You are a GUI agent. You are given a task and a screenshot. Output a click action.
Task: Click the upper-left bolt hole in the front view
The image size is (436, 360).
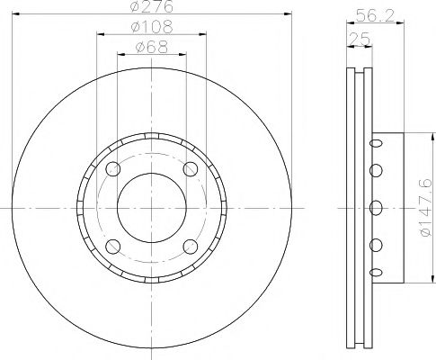click(x=112, y=169)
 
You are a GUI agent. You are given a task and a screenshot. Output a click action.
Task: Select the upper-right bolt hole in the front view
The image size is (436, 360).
click(x=190, y=169)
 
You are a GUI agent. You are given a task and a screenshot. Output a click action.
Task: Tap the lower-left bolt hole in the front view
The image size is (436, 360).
click(x=112, y=246)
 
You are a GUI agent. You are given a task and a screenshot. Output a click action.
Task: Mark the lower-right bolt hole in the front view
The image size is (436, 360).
click(x=190, y=246)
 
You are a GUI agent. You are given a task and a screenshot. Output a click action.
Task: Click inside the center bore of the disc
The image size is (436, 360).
click(x=151, y=208)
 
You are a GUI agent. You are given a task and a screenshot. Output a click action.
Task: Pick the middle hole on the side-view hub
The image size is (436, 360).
click(x=376, y=205)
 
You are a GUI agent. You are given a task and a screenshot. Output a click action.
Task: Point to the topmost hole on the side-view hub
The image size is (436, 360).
click(x=376, y=143)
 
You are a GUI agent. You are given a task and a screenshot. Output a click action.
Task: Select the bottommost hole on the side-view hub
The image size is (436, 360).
click(x=376, y=267)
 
